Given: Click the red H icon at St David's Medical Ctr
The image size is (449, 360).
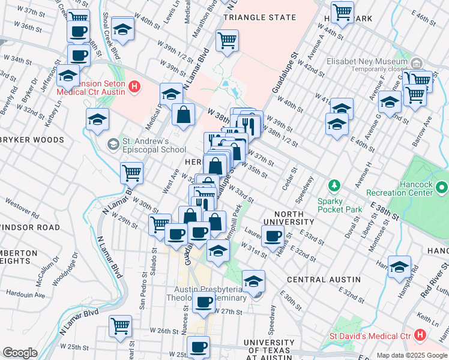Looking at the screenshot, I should (420, 334).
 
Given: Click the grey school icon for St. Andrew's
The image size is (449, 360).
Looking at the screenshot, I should (112, 144).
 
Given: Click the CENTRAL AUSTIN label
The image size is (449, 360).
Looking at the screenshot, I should (324, 280).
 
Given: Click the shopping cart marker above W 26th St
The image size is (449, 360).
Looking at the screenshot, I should (120, 325).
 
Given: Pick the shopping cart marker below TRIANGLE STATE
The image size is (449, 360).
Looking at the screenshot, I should (228, 40).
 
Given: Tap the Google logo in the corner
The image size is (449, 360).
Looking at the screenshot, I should (20, 353).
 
